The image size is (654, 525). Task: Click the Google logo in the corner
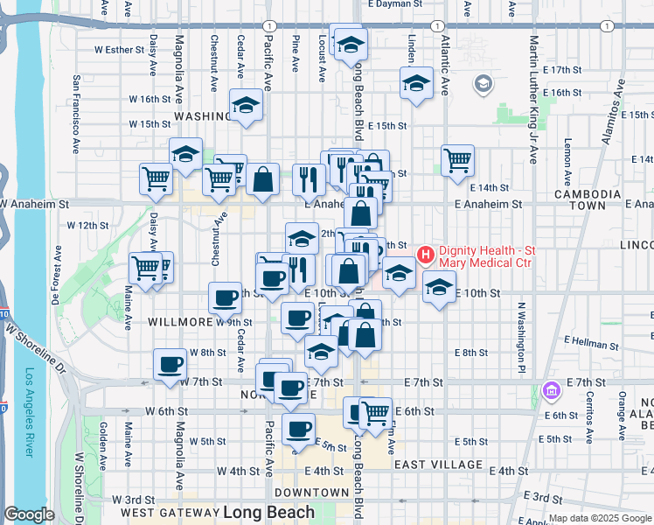(30, 514)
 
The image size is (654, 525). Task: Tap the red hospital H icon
(426, 255)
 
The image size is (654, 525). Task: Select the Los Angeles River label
(29, 411)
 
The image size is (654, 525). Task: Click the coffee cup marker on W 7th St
(170, 365)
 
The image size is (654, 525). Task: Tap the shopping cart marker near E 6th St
(376, 411)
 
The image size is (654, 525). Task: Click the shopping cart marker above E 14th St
(457, 160)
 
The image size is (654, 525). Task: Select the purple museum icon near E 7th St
(550, 390)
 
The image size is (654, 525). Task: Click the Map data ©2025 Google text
(600, 518)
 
